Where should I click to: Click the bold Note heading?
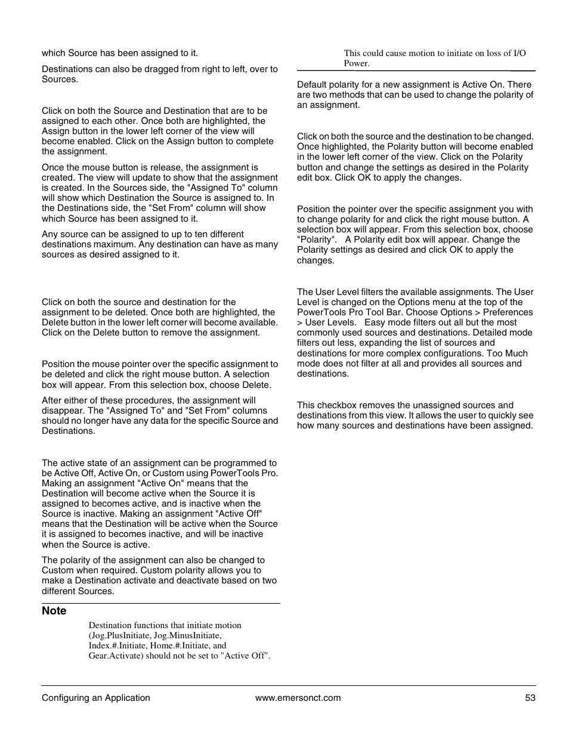54,611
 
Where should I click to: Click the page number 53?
530,698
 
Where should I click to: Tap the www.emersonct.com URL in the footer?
298,698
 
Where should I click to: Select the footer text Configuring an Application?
95,698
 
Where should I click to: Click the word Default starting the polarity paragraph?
313,85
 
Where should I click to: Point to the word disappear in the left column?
63,411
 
